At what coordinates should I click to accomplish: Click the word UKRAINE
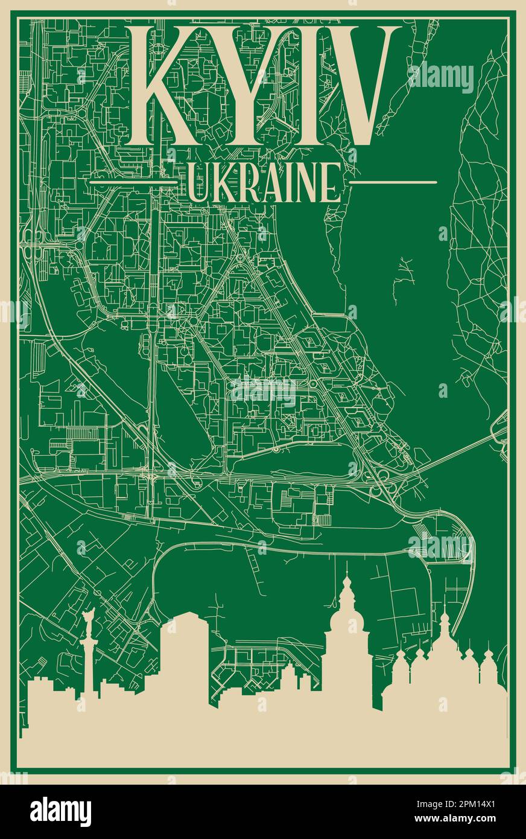(264, 182)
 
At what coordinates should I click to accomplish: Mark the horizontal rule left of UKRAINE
(133, 182)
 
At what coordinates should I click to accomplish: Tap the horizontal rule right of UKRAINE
(393, 182)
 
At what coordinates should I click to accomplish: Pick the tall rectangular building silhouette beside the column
(185, 658)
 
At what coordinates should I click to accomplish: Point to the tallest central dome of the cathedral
(445, 634)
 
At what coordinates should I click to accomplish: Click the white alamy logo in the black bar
(60, 812)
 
